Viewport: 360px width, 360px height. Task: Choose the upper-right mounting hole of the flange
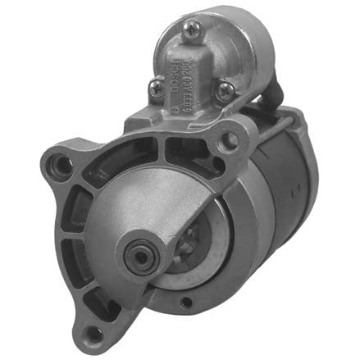(228, 139)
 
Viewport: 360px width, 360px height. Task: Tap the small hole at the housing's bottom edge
(187, 305)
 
